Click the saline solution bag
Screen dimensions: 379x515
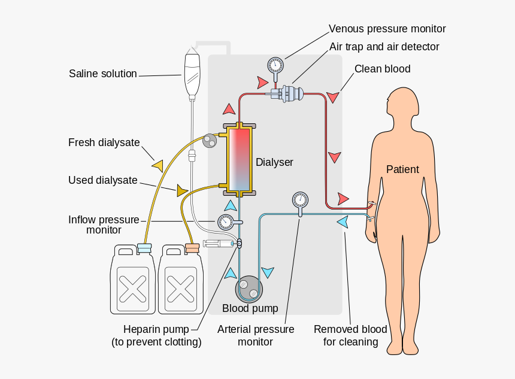(192, 73)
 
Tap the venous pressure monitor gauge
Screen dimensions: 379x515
(275, 64)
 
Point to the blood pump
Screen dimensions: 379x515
(249, 290)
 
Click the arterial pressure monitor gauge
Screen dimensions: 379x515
(300, 200)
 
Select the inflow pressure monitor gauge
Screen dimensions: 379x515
(226, 222)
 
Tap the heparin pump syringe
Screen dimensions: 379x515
(219, 244)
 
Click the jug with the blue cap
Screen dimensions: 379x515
(132, 281)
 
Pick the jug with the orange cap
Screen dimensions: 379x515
(180, 281)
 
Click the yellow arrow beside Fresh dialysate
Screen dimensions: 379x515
(158, 165)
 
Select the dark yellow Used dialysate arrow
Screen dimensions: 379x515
(182, 191)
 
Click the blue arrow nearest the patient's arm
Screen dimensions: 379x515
(343, 222)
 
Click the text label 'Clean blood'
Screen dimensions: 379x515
(382, 69)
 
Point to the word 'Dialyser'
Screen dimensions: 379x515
(274, 162)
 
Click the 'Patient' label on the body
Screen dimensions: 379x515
(402, 169)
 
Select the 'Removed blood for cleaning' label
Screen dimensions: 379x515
(350, 336)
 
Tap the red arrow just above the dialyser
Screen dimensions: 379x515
(229, 108)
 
